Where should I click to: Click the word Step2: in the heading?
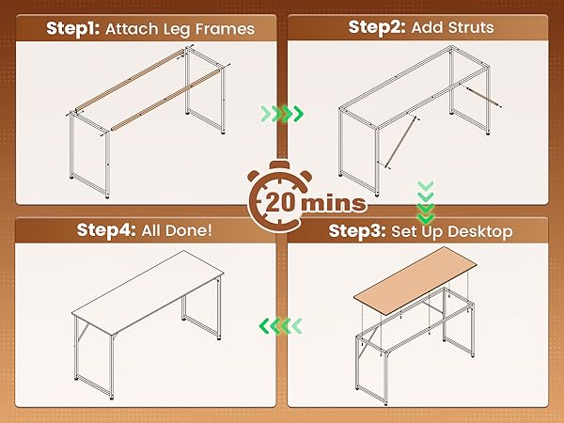374,28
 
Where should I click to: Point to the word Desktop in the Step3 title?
477,231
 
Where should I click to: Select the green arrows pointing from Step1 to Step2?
281,115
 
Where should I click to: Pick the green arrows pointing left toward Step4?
281,326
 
